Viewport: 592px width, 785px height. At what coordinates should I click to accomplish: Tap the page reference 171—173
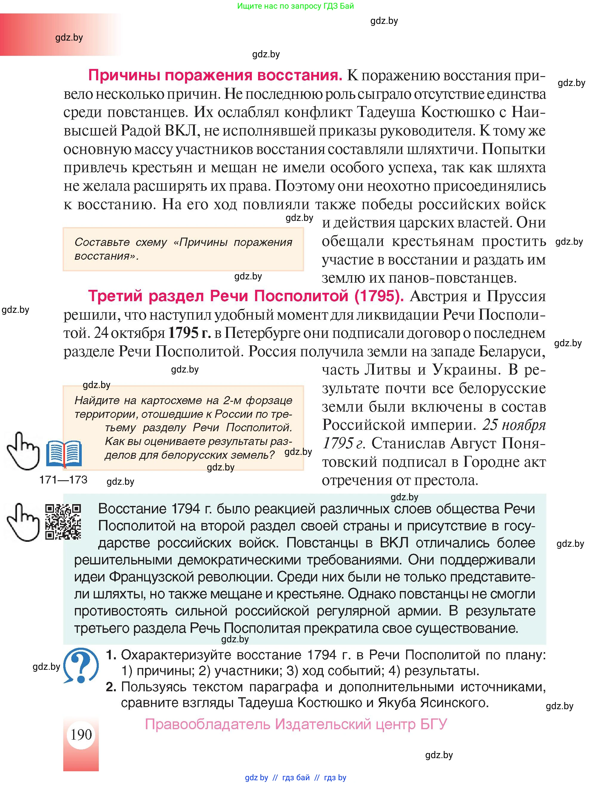[63, 480]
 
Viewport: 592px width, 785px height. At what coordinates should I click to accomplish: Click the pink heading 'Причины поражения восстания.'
[215, 75]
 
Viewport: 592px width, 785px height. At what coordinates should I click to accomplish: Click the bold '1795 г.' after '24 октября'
[189, 333]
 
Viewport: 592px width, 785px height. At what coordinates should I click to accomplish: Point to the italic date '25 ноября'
[514, 425]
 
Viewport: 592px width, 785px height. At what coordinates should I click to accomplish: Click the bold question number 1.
[111, 655]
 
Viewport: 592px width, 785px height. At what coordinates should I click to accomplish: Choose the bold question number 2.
[111, 687]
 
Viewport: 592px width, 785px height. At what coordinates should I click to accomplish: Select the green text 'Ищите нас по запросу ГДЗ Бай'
[295, 6]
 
